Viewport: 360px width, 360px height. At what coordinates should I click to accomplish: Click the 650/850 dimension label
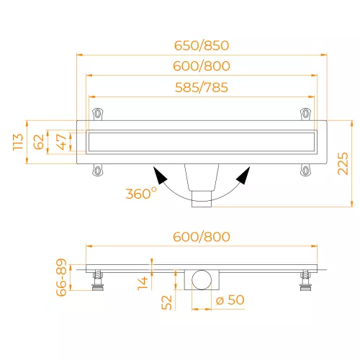202,45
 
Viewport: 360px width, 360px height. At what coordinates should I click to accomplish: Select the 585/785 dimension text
202,87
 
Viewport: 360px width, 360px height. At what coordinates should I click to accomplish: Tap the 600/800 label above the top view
202,66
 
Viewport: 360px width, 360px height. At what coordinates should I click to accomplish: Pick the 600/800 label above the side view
202,237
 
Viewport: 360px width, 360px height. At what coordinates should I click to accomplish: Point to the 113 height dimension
18,142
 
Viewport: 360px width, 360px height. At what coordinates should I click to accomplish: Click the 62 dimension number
39,142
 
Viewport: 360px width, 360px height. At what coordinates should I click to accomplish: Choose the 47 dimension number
62,142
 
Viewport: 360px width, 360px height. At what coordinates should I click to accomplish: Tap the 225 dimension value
343,163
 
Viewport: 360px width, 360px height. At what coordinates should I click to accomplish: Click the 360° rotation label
141,194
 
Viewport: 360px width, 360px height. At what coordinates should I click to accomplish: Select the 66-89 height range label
61,277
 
